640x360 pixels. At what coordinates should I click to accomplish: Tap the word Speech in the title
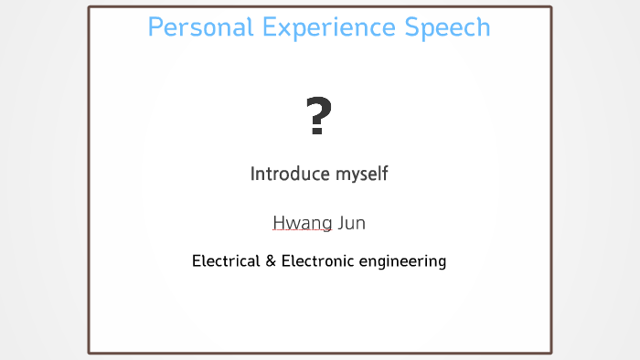coord(448,28)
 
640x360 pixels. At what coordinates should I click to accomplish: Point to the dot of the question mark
coord(317,132)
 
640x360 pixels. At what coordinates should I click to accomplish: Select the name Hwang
coord(302,223)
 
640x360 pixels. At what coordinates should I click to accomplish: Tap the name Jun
coord(352,222)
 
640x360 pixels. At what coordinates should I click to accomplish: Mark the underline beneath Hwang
coord(302,232)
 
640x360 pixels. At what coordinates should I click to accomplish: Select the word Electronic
coord(316,261)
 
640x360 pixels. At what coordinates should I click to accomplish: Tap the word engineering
coord(402,262)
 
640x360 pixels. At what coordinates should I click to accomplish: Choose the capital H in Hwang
coord(279,222)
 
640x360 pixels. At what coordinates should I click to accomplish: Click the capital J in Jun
coord(340,222)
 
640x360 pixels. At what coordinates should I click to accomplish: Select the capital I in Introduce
coord(253,173)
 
